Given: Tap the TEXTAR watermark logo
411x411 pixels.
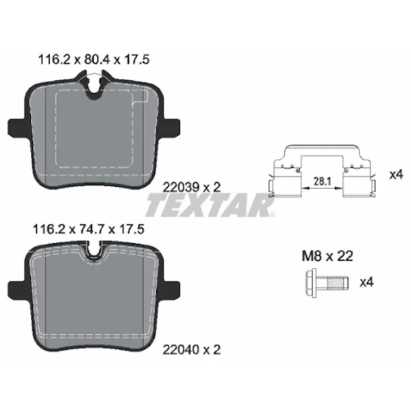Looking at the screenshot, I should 210,205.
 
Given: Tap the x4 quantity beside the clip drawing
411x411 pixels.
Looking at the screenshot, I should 395,174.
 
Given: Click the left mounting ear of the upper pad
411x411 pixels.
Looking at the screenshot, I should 17,128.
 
